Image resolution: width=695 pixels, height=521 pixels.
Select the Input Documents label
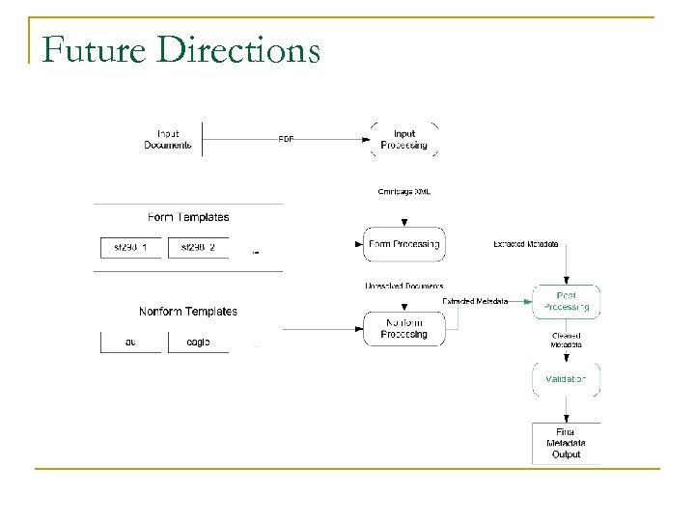point(174,139)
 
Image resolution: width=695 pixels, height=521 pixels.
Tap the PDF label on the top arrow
point(287,139)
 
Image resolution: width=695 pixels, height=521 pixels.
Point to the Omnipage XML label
point(404,191)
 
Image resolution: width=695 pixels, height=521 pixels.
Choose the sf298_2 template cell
point(198,247)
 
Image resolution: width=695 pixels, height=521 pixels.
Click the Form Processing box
point(404,244)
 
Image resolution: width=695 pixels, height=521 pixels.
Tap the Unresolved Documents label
point(404,286)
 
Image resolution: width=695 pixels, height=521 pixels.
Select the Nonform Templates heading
point(189,311)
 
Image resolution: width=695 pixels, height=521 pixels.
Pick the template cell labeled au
point(131,341)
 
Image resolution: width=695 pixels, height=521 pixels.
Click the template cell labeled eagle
point(198,341)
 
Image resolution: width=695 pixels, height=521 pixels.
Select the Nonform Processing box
point(404,327)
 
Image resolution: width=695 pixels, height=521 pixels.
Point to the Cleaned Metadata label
point(566,340)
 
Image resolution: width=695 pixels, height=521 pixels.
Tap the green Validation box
point(566,379)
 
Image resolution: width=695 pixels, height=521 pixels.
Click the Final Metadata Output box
point(566,443)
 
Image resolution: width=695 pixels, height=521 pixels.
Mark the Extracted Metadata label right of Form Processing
point(525,245)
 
